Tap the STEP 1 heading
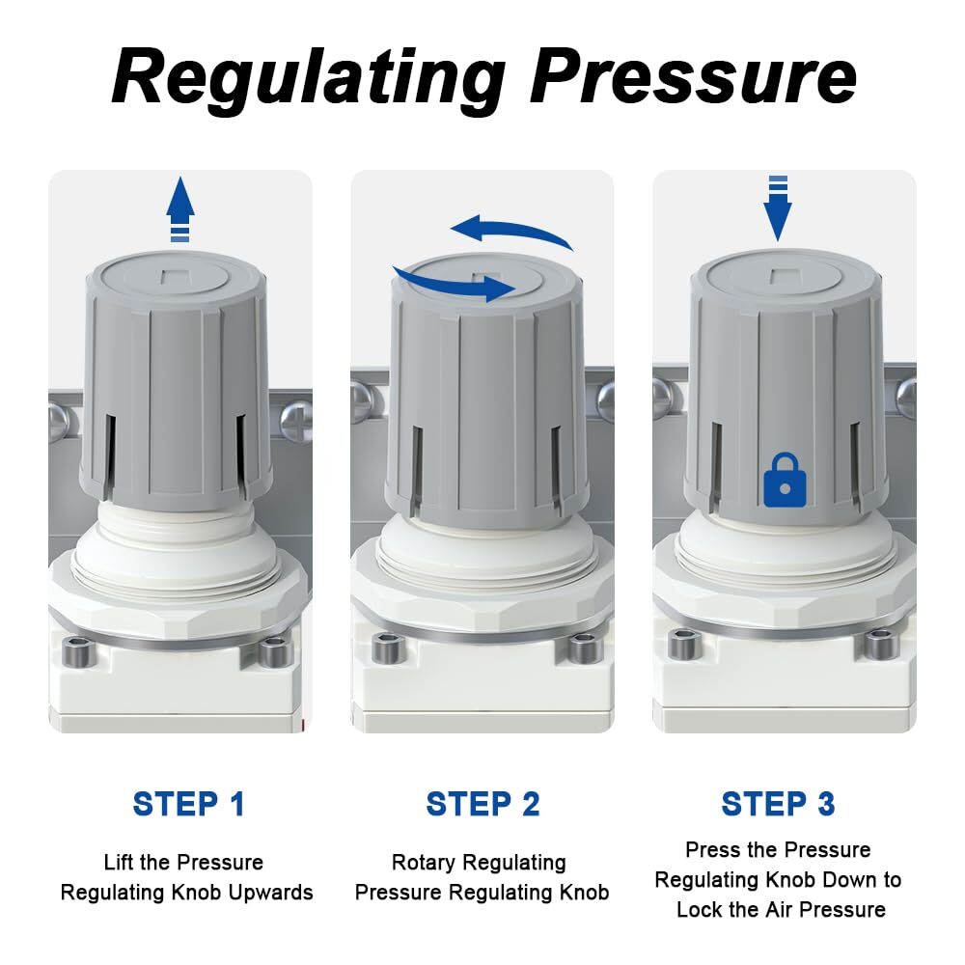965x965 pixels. pos(189,804)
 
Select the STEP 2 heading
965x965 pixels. pos(482,804)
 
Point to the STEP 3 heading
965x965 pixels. pos(778,804)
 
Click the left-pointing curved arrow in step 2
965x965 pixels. pos(511,234)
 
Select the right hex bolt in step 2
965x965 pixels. pos(581,648)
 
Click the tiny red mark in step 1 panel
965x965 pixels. pos(305,724)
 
